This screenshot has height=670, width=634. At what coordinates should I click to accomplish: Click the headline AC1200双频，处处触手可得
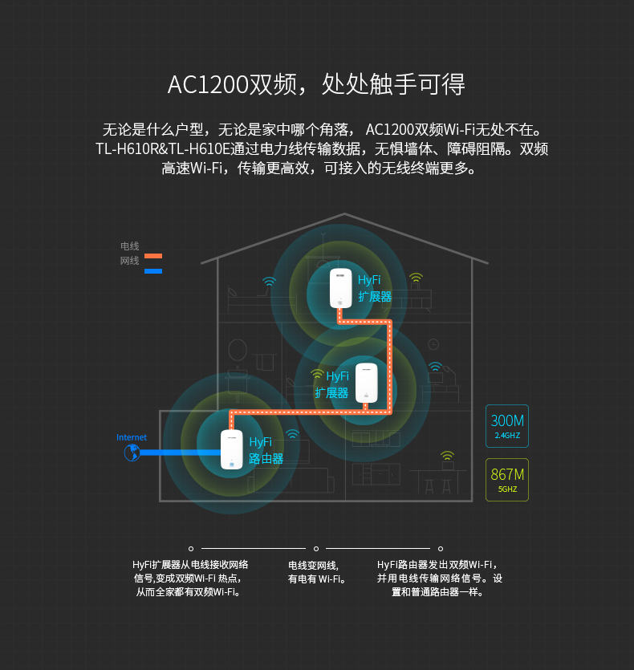[x=316, y=84]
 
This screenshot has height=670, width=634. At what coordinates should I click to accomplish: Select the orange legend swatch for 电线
[x=152, y=256]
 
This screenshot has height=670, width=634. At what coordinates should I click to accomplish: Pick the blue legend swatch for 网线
[x=152, y=271]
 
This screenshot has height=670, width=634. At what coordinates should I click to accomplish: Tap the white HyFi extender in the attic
[x=341, y=288]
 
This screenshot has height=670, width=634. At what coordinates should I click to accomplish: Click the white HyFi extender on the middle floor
[x=367, y=383]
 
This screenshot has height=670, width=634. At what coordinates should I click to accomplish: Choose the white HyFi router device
[x=231, y=449]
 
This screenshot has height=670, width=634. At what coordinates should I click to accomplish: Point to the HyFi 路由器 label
[x=266, y=451]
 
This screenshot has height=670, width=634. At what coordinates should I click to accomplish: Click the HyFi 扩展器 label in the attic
[x=374, y=288]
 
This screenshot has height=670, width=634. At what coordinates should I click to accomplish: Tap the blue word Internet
[x=132, y=437]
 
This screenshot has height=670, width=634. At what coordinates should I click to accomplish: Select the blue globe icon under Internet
[x=132, y=453]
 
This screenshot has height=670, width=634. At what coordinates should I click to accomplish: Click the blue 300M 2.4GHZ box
[x=507, y=426]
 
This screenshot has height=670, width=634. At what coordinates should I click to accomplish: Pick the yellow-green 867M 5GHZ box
[x=507, y=479]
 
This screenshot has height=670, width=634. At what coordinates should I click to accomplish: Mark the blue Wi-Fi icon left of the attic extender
[x=269, y=282]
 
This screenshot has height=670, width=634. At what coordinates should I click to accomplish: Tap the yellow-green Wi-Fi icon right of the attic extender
[x=416, y=278]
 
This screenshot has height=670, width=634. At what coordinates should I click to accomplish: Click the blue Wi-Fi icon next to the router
[x=293, y=434]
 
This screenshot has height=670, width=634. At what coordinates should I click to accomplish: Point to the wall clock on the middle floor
[x=433, y=344]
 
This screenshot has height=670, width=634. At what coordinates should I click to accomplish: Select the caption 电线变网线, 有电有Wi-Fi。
[x=316, y=572]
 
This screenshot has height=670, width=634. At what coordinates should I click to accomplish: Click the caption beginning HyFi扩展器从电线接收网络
[x=190, y=578]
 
